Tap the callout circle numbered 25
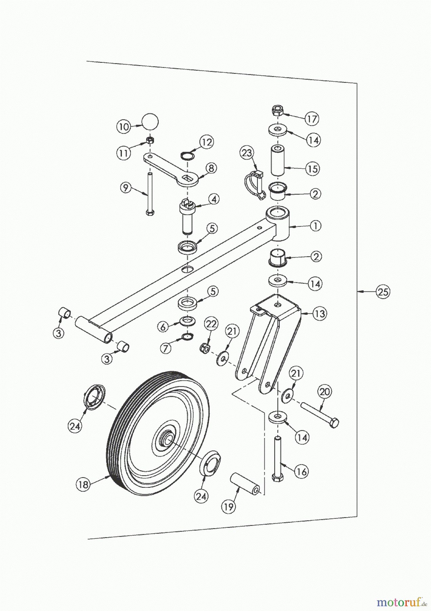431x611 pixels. coord(383,292)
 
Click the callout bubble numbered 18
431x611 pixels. coord(83,484)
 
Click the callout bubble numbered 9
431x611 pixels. coord(126,188)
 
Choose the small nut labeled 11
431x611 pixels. coord(150,140)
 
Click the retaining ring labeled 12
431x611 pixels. coord(187,155)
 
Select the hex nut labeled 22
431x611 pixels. coord(205,347)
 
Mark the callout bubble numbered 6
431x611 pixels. coord(163,327)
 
